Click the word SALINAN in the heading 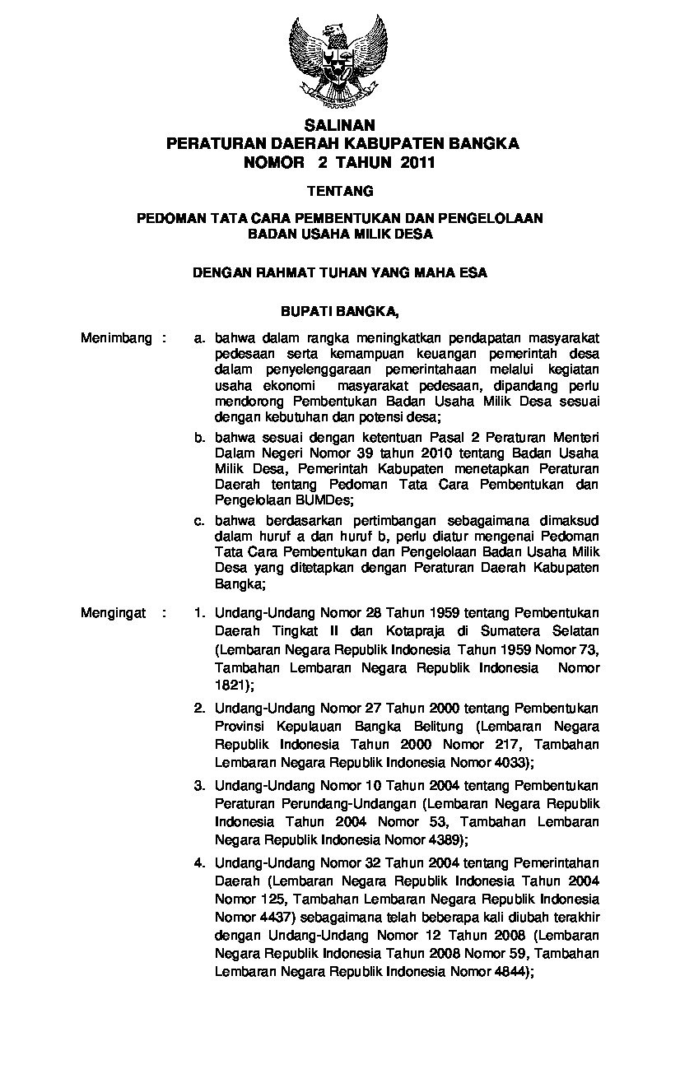(x=340, y=126)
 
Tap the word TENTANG (x=340, y=191)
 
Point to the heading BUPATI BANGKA (x=340, y=311)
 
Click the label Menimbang (x=116, y=338)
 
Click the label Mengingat (x=114, y=612)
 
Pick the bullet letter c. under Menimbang (x=199, y=520)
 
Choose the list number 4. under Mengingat (x=199, y=862)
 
